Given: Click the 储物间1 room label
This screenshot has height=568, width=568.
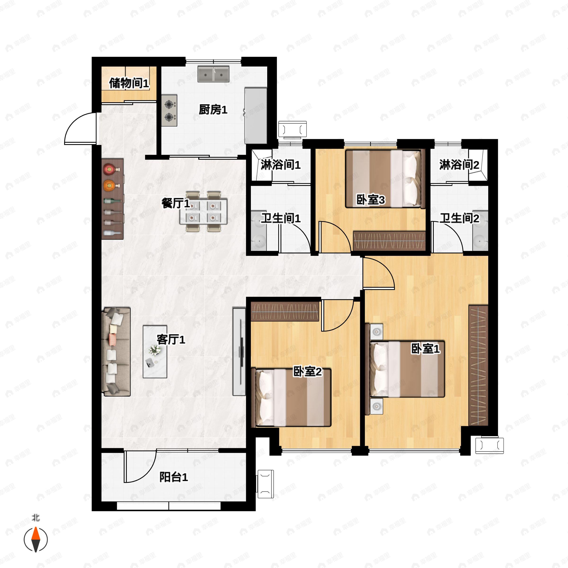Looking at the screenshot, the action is [x=129, y=83].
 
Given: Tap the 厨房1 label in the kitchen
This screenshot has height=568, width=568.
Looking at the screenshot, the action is [x=213, y=110].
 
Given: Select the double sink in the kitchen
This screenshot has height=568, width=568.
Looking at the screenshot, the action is [x=213, y=74].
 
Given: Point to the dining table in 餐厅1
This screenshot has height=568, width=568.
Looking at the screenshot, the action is [x=204, y=211].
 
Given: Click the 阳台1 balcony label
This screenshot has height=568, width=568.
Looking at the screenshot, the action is [x=173, y=477].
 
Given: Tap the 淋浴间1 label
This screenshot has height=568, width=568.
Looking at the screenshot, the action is [x=280, y=165].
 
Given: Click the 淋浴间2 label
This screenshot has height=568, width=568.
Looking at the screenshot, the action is [x=459, y=165].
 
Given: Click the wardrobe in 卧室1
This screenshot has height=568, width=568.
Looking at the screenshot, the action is [x=478, y=365].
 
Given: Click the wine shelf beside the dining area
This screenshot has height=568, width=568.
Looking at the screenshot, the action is [x=112, y=199].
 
